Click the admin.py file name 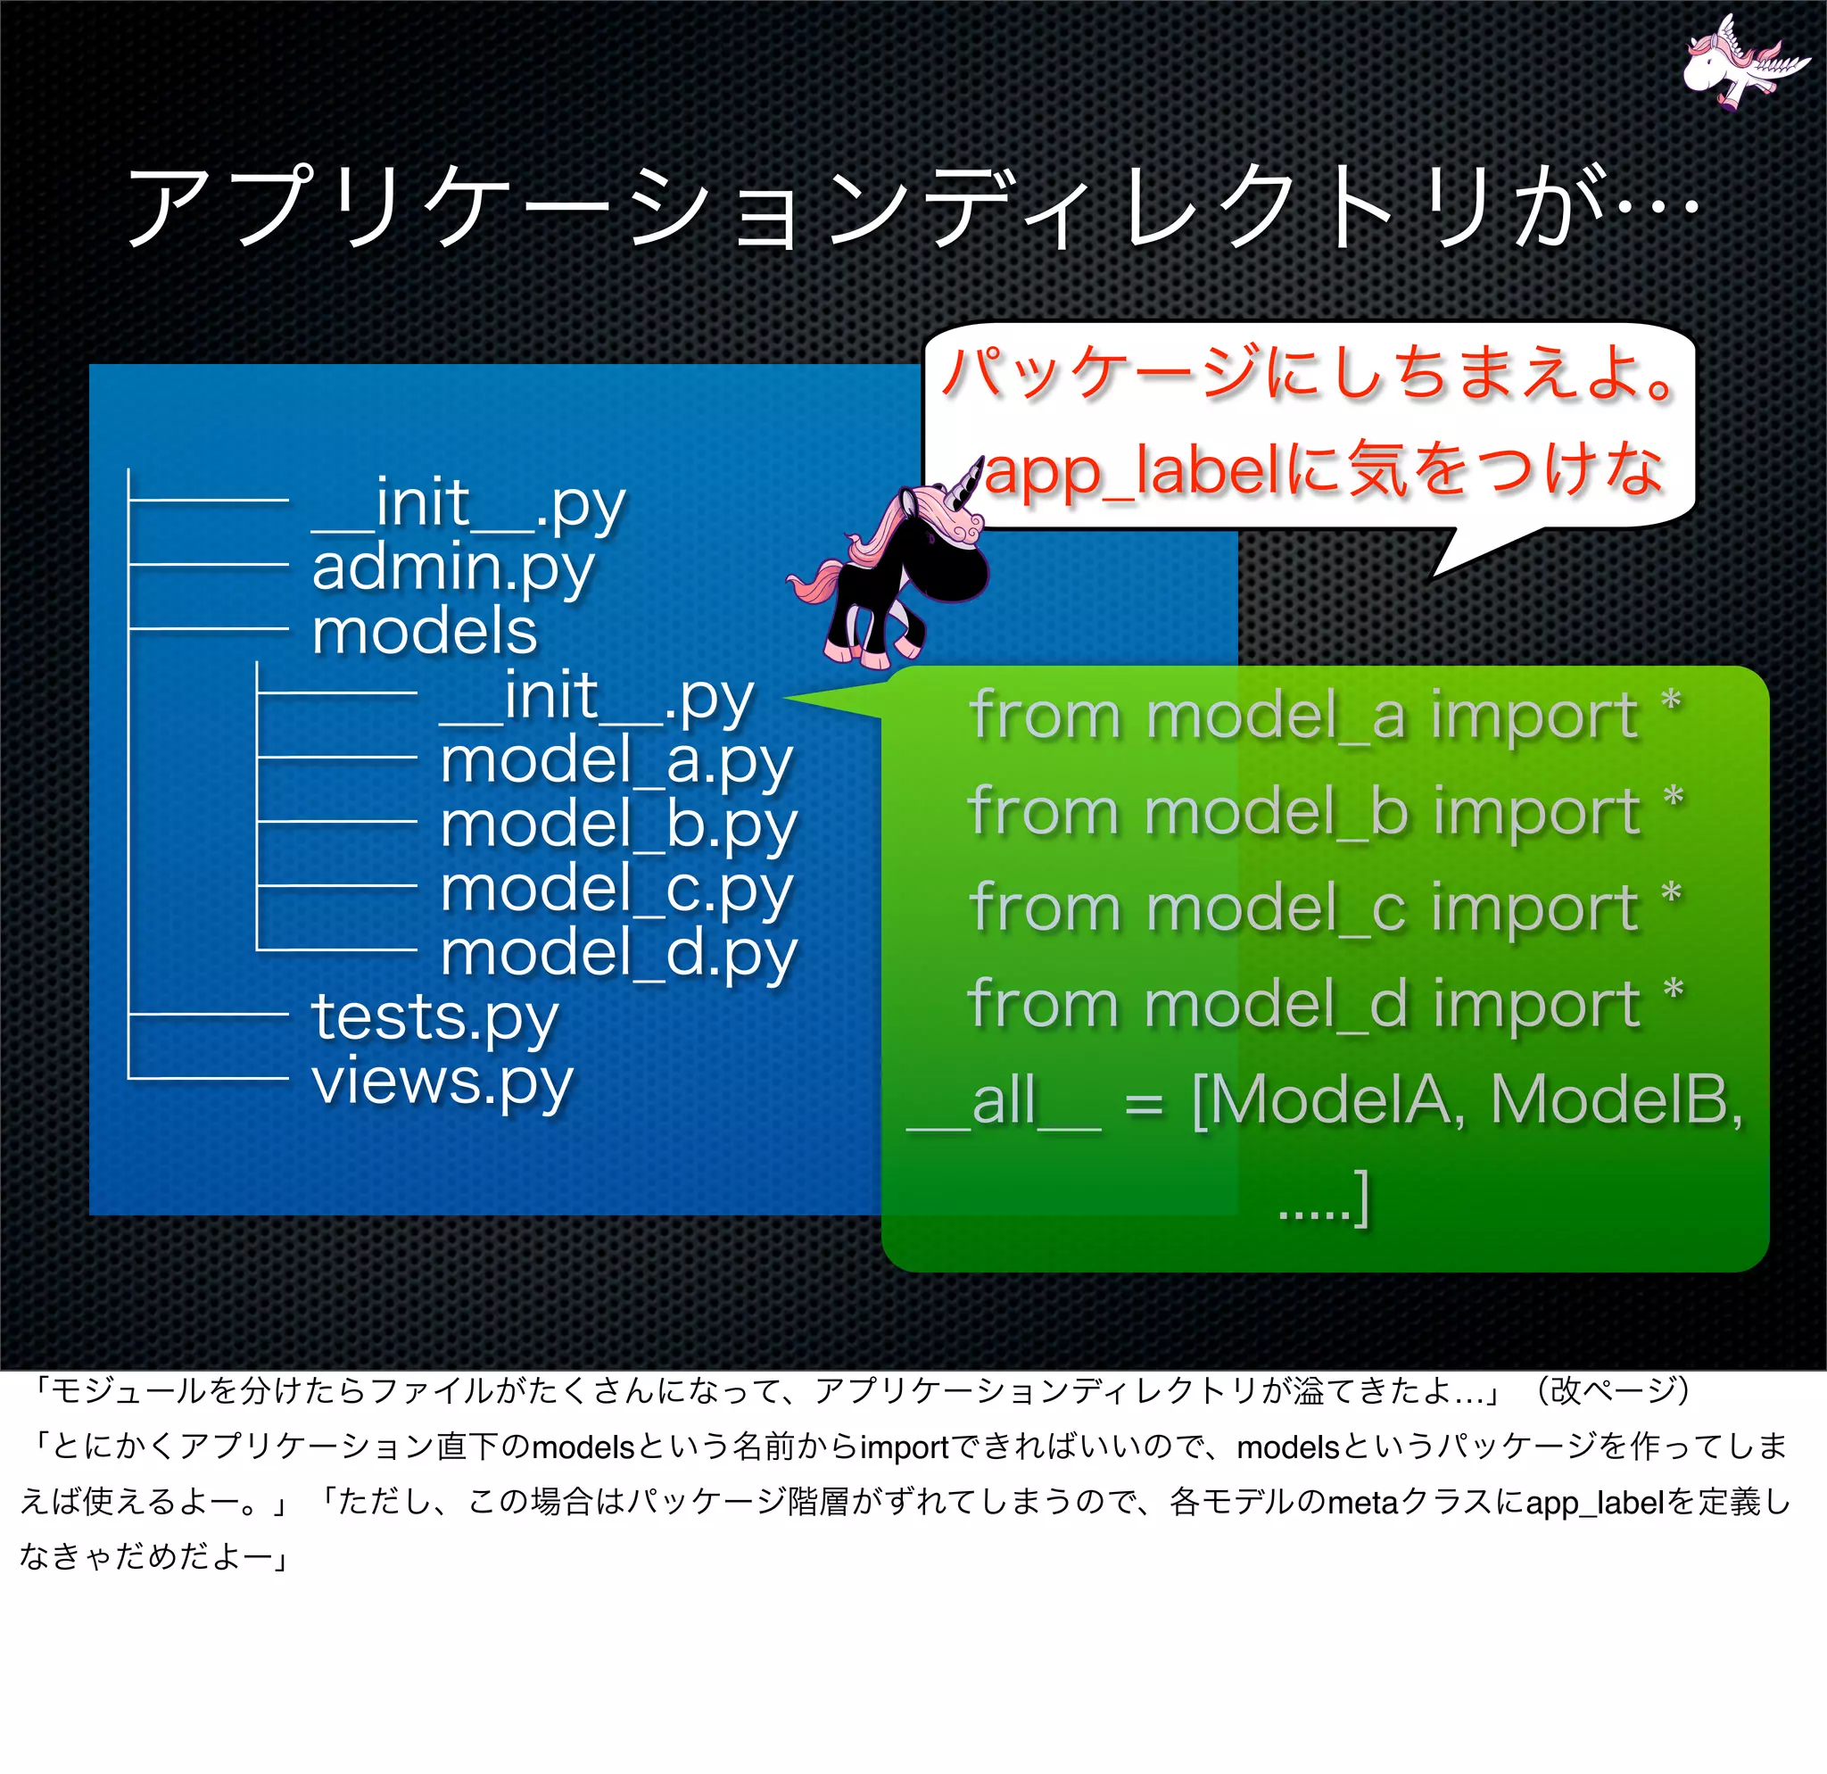click(x=452, y=568)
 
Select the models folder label click(x=424, y=631)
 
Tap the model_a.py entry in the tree click(x=616, y=761)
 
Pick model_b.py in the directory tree click(x=618, y=826)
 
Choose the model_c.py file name click(x=616, y=891)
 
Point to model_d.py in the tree click(x=618, y=955)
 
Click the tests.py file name click(x=434, y=1017)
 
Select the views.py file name click(x=442, y=1082)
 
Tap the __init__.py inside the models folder click(x=597, y=697)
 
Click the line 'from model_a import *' click(x=1325, y=716)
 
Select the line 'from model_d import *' click(x=1325, y=1005)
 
